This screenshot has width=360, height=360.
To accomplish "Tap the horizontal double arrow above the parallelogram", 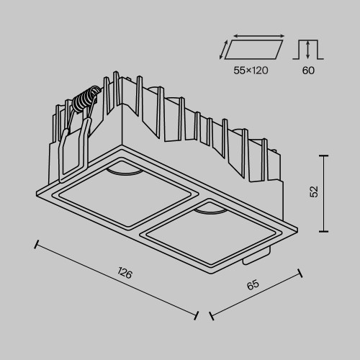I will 257,35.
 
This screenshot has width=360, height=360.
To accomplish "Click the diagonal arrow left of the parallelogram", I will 224,50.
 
